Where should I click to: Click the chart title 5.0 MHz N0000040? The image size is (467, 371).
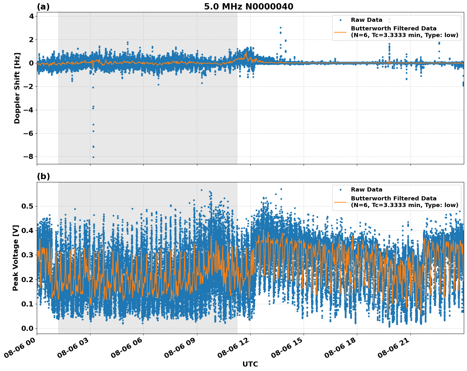(x=248, y=7)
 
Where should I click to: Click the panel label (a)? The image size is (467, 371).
(x=43, y=7)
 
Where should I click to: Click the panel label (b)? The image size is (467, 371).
(x=43, y=176)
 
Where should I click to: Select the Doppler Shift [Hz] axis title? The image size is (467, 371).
(x=17, y=88)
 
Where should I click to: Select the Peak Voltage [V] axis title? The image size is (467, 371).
(x=16, y=258)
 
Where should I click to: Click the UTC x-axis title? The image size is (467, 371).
(x=250, y=364)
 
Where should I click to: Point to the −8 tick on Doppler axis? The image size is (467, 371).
(x=29, y=157)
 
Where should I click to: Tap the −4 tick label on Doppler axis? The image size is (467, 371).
(x=29, y=110)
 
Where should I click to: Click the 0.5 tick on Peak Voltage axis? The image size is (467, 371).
(x=27, y=206)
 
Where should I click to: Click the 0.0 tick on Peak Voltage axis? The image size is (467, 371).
(x=27, y=328)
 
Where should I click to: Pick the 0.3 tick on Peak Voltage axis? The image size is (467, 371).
(x=27, y=255)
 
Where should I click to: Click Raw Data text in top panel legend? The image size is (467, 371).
(x=366, y=20)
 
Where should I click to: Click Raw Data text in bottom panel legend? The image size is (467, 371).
(x=366, y=190)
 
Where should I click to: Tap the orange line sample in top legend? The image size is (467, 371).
(x=340, y=32)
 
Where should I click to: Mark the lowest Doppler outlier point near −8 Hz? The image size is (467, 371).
(x=93, y=157)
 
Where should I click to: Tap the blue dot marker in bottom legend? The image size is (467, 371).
(x=340, y=190)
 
